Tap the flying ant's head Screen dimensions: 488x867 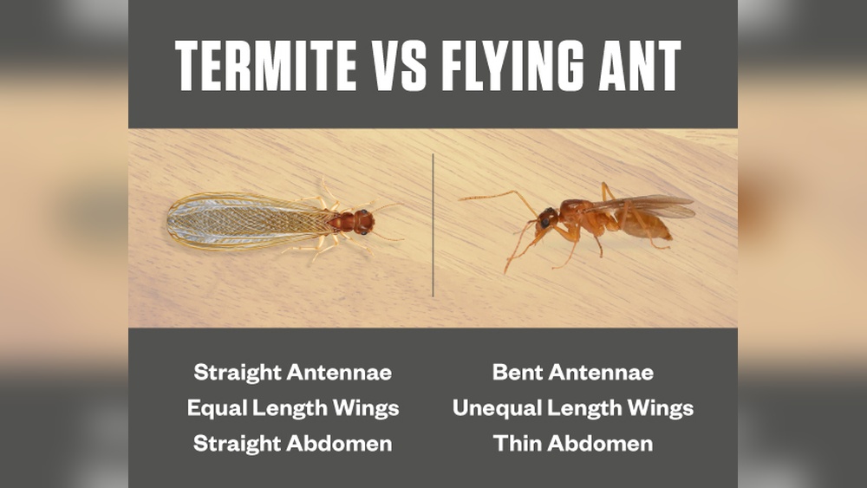547,218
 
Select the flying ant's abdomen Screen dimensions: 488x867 647,224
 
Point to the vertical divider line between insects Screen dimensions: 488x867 433,225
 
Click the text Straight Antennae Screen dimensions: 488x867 292,374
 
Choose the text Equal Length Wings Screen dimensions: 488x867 292,408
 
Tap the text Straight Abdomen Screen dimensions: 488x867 292,444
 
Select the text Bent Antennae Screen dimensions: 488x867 572,374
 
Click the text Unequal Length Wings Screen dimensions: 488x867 572,408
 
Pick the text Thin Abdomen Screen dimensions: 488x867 572,444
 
